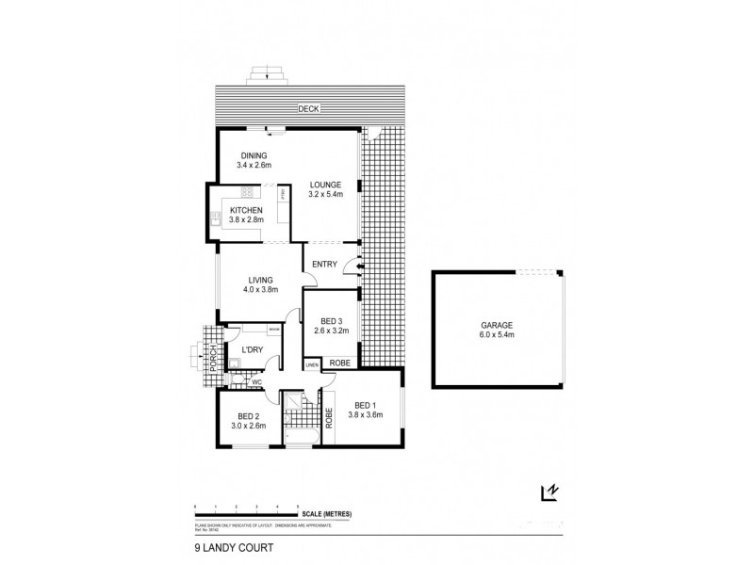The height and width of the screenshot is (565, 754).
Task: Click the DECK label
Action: pyautogui.click(x=308, y=108)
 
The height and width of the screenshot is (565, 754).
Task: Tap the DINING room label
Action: pyautogui.click(x=254, y=155)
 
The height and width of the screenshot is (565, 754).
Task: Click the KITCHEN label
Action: pyautogui.click(x=245, y=211)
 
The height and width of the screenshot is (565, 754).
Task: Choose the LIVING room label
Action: pyautogui.click(x=260, y=280)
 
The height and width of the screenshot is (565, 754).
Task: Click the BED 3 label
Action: pyautogui.click(x=331, y=320)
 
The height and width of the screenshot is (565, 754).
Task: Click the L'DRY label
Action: pyautogui.click(x=252, y=350)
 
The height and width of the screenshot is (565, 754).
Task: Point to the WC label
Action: pyautogui.click(x=255, y=382)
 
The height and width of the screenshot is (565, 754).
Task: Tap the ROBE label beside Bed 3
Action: pyautogui.click(x=339, y=362)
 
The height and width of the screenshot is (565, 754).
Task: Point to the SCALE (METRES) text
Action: pyautogui.click(x=327, y=512)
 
